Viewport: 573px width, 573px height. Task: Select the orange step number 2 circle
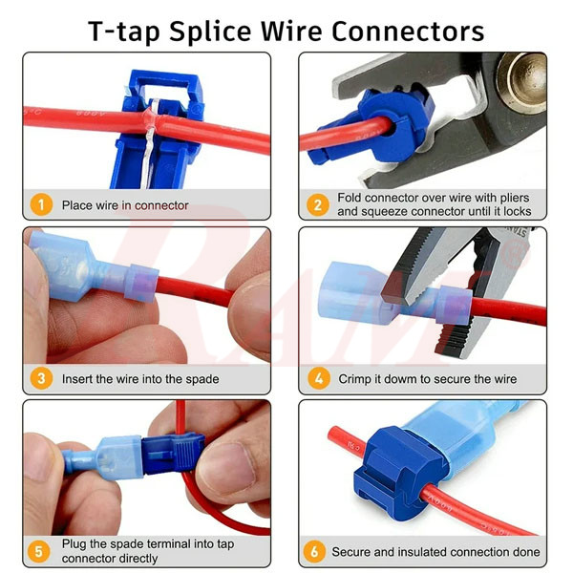coord(316,204)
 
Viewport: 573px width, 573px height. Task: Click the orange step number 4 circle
coord(316,379)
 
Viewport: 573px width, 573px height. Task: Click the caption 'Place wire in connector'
coord(125,204)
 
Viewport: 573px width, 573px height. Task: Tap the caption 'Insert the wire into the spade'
coord(140,379)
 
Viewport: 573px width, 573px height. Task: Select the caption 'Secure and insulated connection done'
coord(435,552)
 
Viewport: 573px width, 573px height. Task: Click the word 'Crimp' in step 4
coord(356,379)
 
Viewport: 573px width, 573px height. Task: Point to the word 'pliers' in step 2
coord(514,198)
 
